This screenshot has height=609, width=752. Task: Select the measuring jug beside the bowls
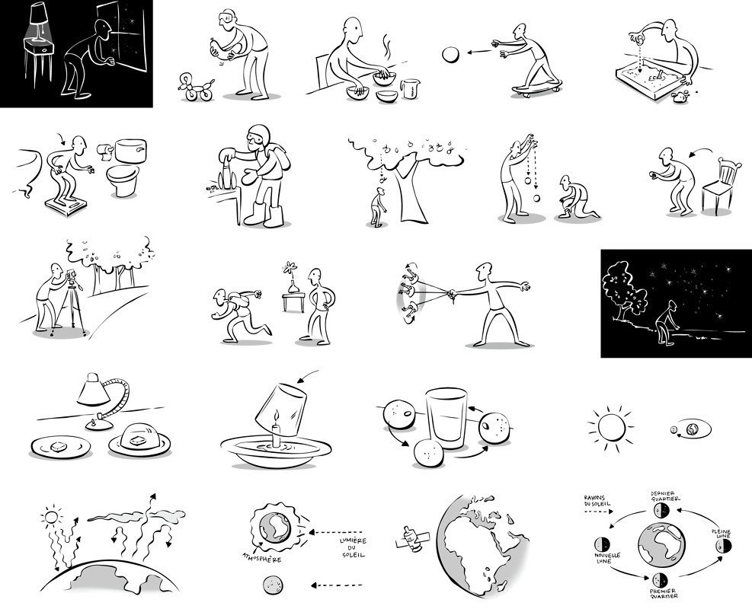tap(409, 91)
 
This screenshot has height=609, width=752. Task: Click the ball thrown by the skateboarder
tap(451, 54)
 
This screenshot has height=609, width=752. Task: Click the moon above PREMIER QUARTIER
tap(658, 580)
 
